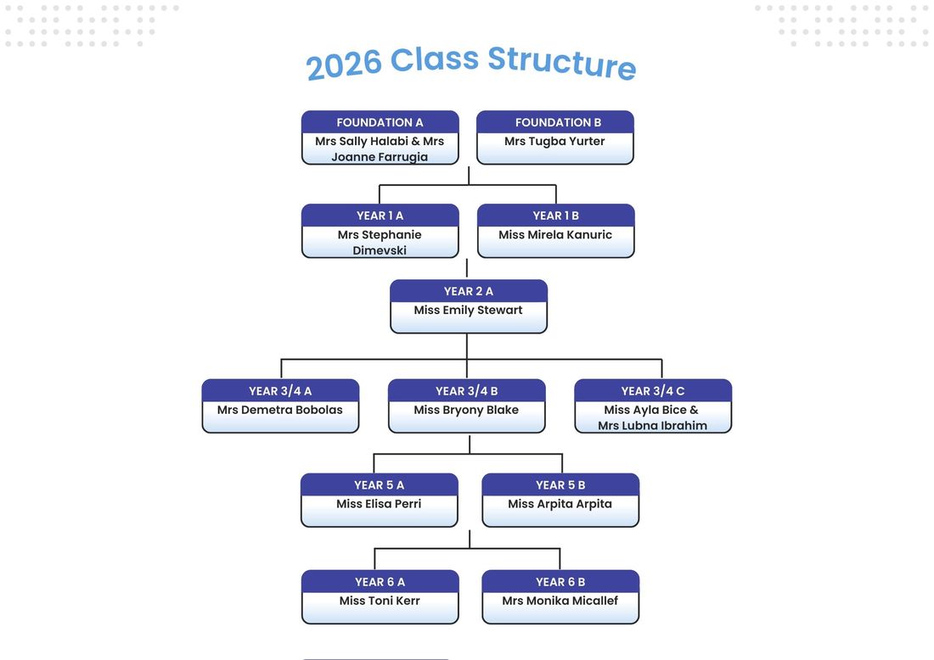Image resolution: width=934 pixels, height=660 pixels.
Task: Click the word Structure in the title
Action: click(562, 62)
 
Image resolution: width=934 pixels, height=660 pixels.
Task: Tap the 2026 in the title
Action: click(344, 64)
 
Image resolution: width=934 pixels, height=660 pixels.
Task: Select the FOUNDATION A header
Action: click(380, 123)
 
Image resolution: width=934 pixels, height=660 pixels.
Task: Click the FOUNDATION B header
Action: click(558, 123)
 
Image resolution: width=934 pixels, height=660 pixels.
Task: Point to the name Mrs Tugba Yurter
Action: click(554, 142)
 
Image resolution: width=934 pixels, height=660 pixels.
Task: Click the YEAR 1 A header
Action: click(380, 216)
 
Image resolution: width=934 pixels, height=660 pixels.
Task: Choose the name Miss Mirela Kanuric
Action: click(555, 235)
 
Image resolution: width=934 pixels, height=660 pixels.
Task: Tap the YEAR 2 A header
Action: click(468, 292)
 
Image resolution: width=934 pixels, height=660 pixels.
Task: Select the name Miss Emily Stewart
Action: click(468, 310)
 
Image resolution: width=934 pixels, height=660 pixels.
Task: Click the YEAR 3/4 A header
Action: click(280, 391)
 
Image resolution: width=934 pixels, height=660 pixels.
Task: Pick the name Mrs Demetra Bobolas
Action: click(280, 410)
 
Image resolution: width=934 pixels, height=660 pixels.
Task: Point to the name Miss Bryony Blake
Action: click(466, 410)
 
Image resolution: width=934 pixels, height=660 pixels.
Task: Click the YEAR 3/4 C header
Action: click(653, 391)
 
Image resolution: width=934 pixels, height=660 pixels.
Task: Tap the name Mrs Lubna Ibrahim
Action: click(653, 426)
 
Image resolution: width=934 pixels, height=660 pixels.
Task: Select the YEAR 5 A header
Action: click(380, 485)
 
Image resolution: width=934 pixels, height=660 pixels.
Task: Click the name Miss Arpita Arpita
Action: click(560, 504)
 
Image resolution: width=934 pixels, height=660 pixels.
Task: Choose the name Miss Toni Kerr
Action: click(380, 601)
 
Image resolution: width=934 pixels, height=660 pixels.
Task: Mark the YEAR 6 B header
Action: click(560, 582)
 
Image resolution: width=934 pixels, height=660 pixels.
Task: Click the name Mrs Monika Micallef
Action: click(560, 601)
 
